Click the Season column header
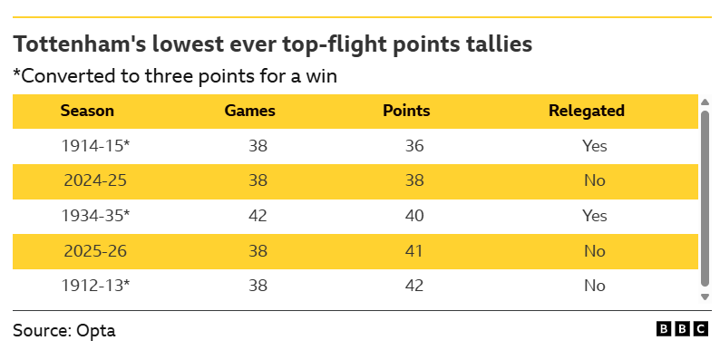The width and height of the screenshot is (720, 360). tap(87, 111)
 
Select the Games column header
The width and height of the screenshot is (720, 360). tap(249, 111)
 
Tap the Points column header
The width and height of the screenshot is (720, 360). tap(406, 111)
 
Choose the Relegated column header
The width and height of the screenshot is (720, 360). tap(587, 111)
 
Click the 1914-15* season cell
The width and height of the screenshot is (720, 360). tap(95, 146)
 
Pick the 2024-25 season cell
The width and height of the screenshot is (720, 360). tap(95, 180)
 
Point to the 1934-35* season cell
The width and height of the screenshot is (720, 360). tap(95, 216)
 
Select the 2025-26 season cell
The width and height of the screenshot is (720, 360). tap(95, 250)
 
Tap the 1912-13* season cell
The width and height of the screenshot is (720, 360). tap(95, 286)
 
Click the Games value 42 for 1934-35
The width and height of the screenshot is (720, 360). tap(258, 216)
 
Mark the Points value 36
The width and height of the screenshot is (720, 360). tap(414, 146)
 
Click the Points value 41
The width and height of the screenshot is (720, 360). tap(414, 250)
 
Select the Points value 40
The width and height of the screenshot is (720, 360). tap(414, 216)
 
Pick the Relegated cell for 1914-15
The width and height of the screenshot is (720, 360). tap(595, 146)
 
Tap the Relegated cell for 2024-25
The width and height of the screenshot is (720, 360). tap(595, 180)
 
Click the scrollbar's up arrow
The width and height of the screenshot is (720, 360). tap(705, 102)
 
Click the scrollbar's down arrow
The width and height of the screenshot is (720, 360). tap(705, 297)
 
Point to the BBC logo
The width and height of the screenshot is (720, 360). tap(682, 329)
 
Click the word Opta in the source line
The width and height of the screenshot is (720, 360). tap(96, 331)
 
